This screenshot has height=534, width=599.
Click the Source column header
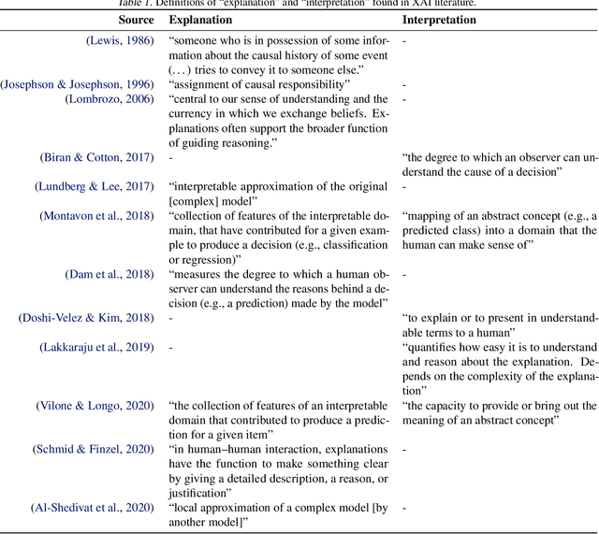(137, 19)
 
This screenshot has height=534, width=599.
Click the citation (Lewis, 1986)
(121, 40)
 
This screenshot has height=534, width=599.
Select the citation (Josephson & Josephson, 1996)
(79, 84)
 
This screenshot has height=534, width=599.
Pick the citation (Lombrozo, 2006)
(110, 99)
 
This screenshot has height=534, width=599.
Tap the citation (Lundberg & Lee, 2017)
(96, 186)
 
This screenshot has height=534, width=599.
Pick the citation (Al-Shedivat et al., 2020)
(93, 508)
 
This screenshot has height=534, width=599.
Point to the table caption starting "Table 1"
(299, 4)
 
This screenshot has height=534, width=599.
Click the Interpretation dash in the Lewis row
(404, 40)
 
